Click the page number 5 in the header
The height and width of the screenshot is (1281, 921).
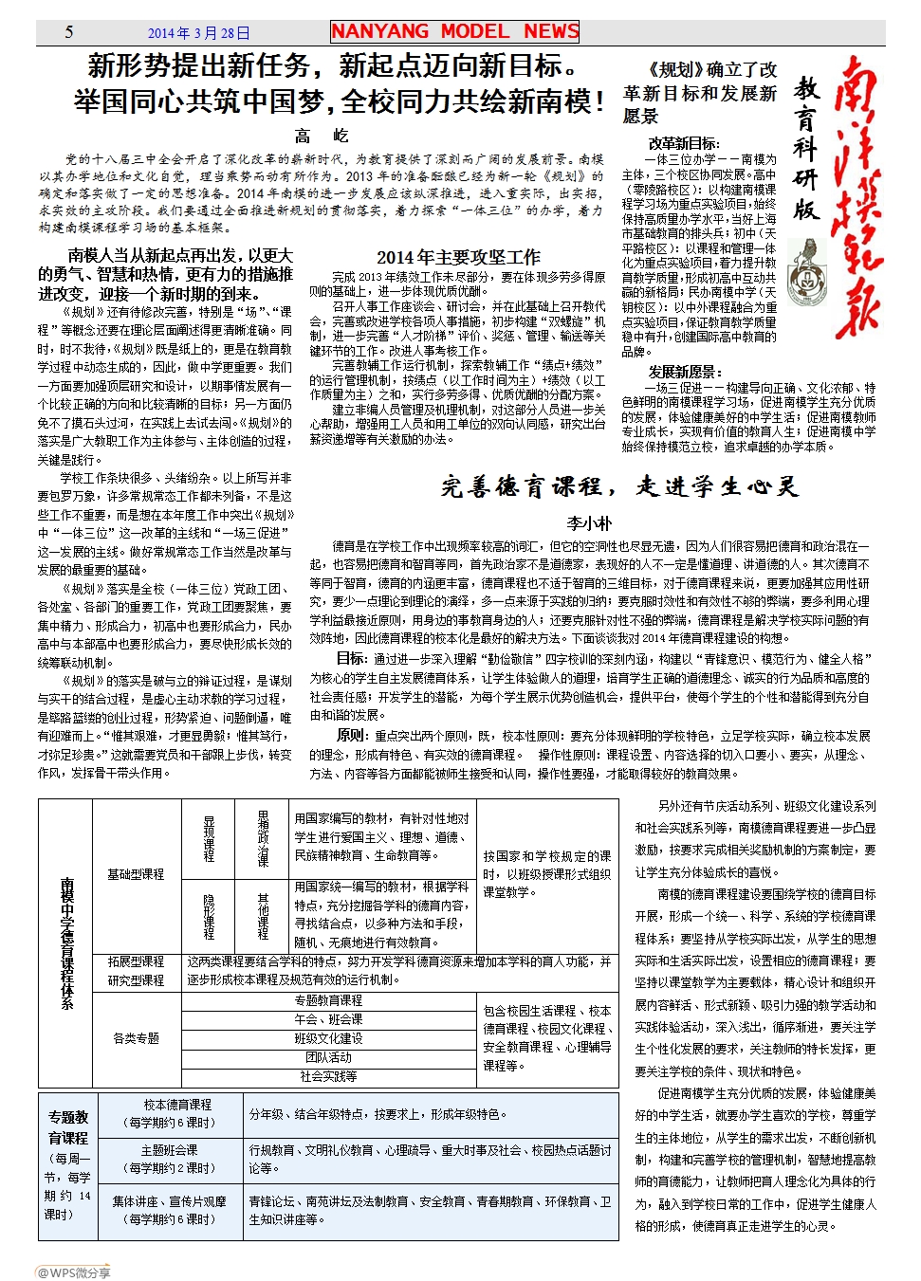69,32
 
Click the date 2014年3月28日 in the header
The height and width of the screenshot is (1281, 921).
199,33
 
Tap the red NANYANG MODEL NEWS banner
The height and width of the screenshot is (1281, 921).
455,31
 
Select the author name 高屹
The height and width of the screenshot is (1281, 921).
322,136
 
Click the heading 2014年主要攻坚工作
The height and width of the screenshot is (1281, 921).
458,257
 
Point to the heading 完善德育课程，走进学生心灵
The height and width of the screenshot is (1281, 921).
620,487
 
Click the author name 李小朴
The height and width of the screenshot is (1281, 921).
589,522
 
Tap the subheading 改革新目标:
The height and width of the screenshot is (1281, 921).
683,143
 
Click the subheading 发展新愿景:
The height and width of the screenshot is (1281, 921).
685,372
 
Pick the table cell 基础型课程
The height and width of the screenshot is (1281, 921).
136,874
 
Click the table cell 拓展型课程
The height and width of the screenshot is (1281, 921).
136,961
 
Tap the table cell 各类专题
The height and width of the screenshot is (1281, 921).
136,1038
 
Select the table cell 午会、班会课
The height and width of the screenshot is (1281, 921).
328,1019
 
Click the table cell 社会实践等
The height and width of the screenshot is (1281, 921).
328,1076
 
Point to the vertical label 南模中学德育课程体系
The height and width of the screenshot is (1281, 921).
66,942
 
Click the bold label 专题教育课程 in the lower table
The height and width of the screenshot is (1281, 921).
68,1127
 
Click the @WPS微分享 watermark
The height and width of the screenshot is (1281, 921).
73,1272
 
